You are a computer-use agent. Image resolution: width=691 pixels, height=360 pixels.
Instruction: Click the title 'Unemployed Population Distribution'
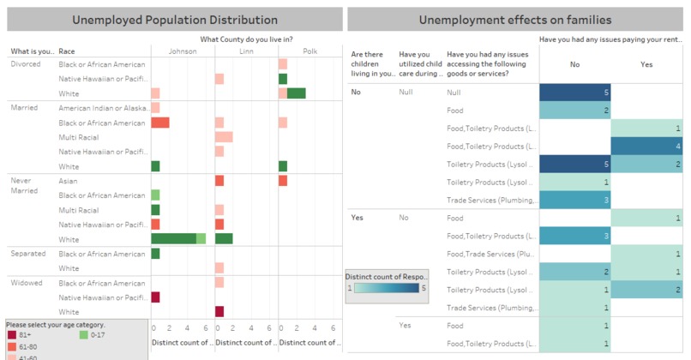tap(174, 19)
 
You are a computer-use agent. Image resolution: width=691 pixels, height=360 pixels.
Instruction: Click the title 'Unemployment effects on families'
tap(515, 19)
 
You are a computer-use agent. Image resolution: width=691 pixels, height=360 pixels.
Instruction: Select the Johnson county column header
tap(182, 51)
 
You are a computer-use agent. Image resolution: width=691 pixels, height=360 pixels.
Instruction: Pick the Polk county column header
tap(309, 51)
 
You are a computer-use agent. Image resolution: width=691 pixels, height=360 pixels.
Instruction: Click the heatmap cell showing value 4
tap(648, 146)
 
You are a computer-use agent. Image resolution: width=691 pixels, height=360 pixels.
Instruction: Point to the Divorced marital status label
tap(27, 64)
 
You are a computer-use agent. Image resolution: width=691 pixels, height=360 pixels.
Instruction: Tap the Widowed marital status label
tap(26, 283)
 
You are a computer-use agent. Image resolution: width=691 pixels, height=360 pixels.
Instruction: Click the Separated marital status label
tap(27, 254)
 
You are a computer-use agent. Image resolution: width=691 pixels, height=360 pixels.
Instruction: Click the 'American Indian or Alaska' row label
tap(101, 108)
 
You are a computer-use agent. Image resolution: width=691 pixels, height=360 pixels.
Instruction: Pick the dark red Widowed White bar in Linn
tap(219, 312)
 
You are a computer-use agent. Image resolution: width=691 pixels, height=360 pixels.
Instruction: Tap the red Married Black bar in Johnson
tap(159, 123)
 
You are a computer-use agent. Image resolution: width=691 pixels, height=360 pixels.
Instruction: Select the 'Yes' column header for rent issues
tap(648, 63)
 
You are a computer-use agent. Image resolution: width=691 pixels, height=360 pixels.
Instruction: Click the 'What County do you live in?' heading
tap(246, 39)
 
